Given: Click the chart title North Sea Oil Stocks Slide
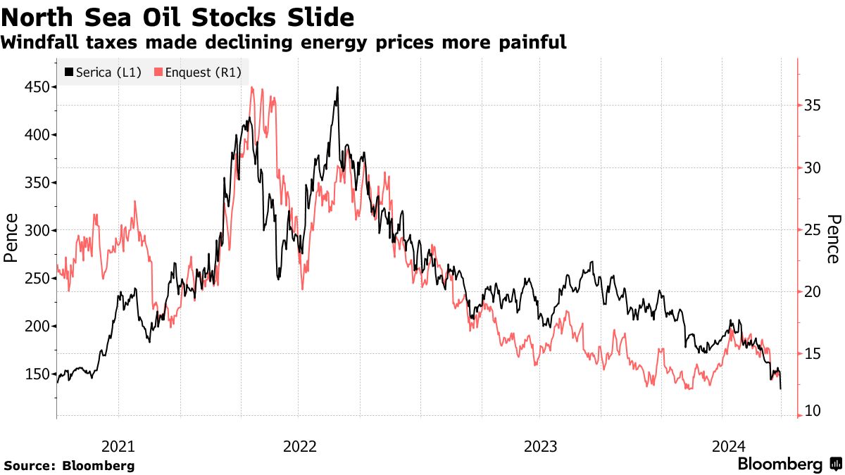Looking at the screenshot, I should pos(178,15).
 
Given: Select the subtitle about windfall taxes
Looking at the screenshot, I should pos(283,42).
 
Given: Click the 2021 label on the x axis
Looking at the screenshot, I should pos(118,446).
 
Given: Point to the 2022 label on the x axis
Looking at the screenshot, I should pos(300,446).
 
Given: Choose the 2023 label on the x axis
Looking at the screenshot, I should pos(539,446).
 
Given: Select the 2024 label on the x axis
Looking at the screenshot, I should pos(727,446).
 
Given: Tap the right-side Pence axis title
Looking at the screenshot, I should pos(834,240).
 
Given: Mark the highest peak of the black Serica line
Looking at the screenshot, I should pos(337,87).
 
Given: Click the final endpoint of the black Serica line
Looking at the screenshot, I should pos(780,388).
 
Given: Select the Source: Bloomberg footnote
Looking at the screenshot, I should pos(69,466).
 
